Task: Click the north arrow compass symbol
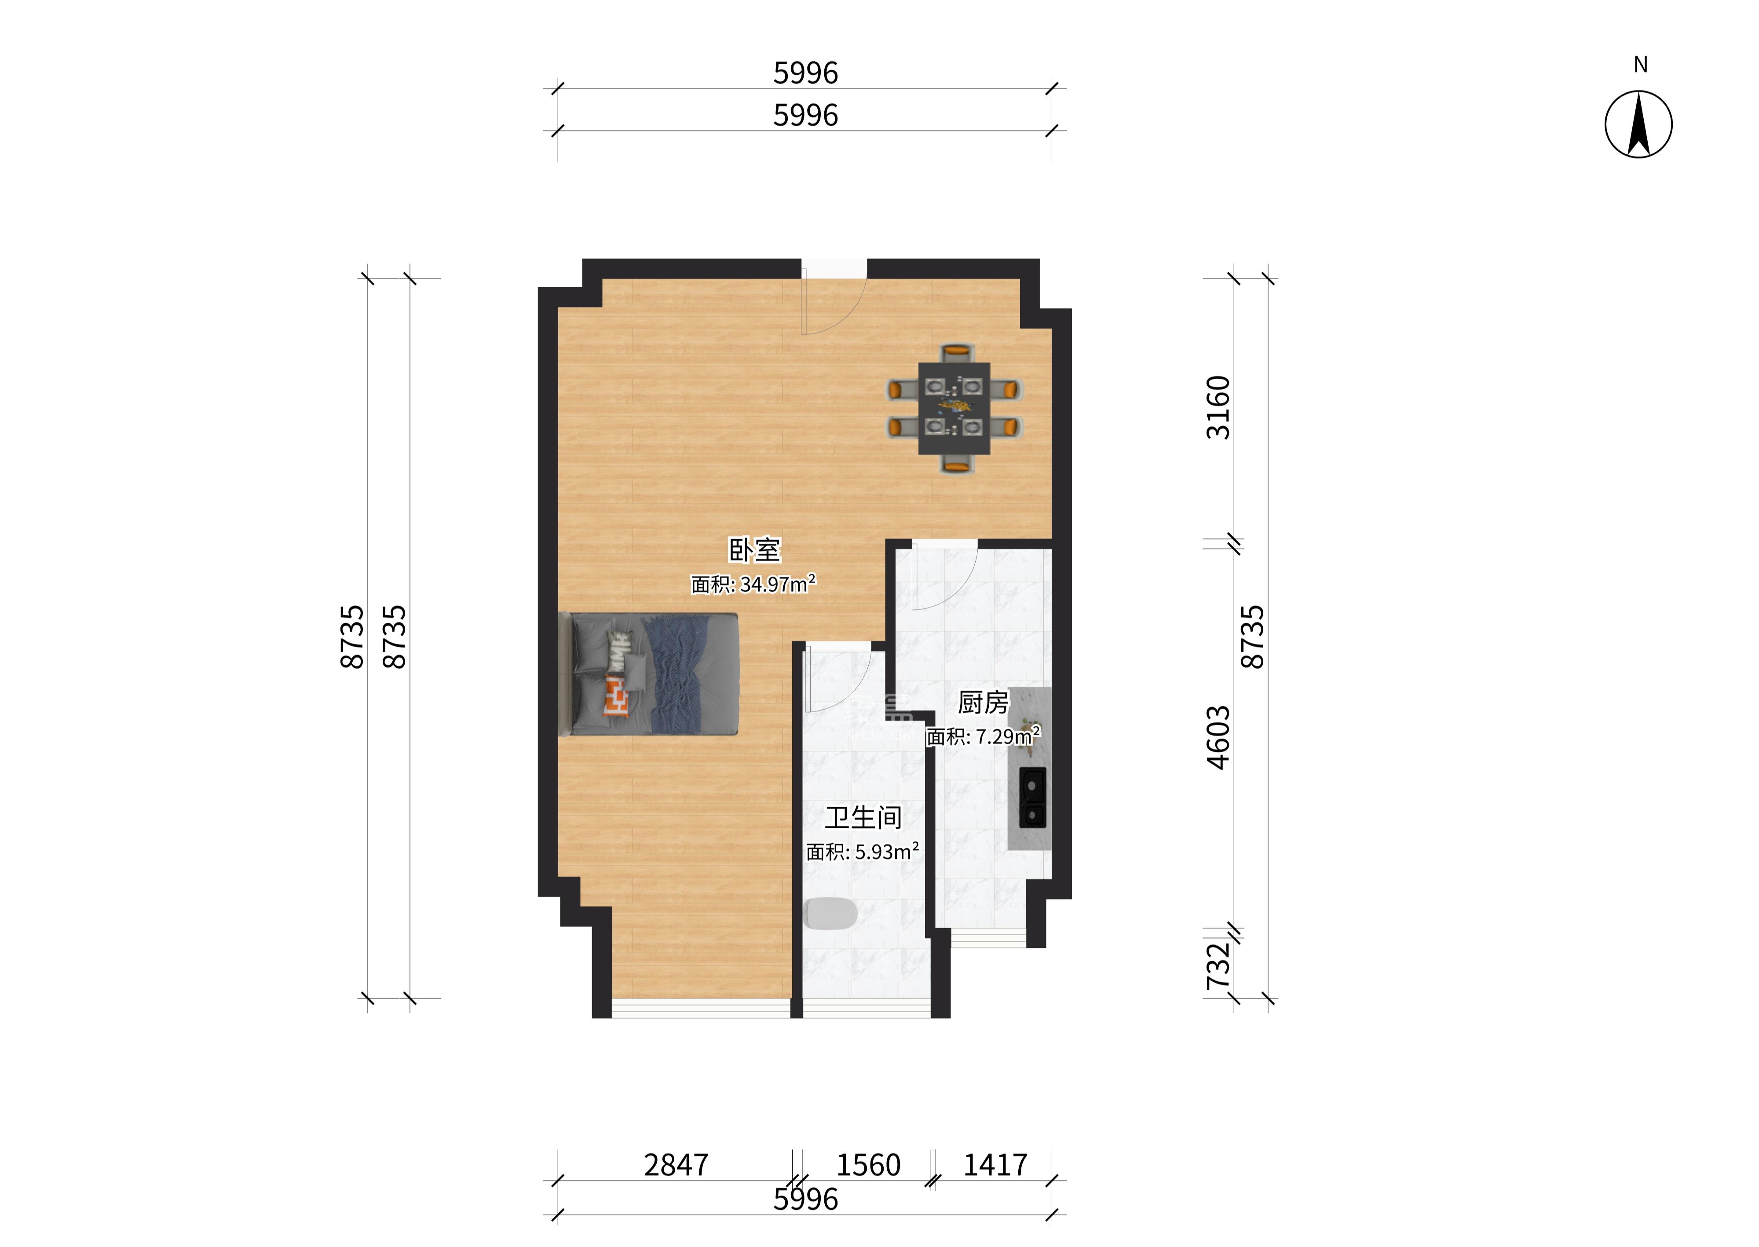click(1638, 124)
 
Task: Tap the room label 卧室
click(754, 550)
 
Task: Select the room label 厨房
click(983, 702)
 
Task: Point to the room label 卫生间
click(863, 818)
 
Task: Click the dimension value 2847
click(676, 1165)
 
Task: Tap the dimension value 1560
click(868, 1165)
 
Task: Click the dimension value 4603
click(1218, 737)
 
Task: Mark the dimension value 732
click(1218, 966)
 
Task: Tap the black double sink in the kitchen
click(1033, 797)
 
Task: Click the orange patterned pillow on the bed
click(617, 696)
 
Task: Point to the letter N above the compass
click(1640, 65)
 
